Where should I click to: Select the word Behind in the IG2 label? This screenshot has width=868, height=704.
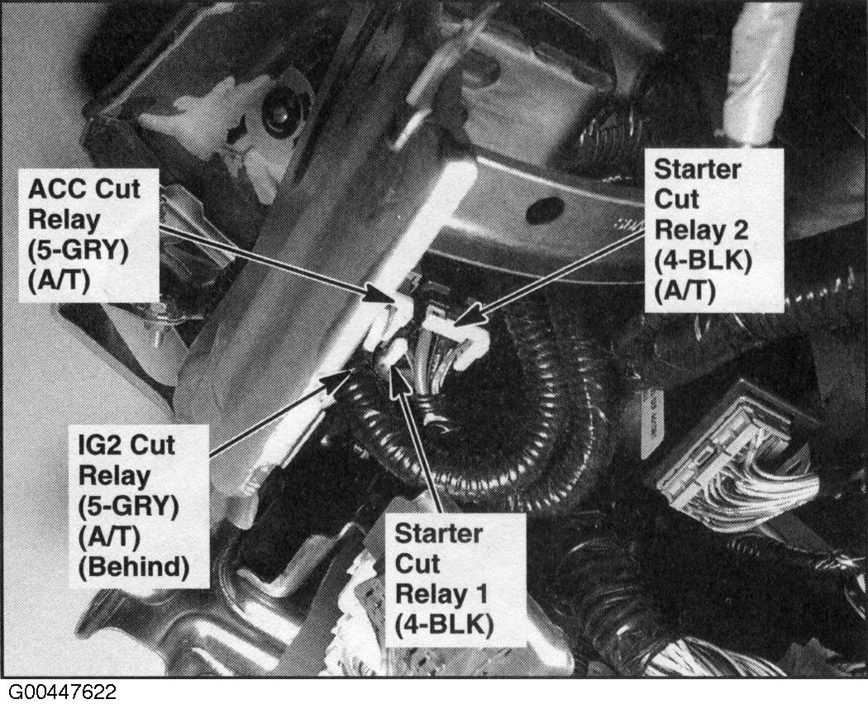pyautogui.click(x=133, y=567)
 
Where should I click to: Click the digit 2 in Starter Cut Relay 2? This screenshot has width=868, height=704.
pyautogui.click(x=739, y=229)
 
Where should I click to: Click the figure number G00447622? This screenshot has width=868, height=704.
pyautogui.click(x=62, y=692)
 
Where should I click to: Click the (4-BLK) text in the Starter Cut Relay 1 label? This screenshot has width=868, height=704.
pyautogui.click(x=444, y=626)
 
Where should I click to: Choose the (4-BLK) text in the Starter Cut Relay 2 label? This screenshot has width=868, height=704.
pyautogui.click(x=703, y=260)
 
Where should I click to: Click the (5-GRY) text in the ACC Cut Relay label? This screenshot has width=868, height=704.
pyautogui.click(x=78, y=250)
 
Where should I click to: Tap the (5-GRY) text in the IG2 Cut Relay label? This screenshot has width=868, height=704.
pyautogui.click(x=128, y=507)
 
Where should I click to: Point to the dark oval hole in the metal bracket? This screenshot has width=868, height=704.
pyautogui.click(x=546, y=210)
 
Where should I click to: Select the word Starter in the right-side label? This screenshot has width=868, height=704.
pyautogui.click(x=698, y=169)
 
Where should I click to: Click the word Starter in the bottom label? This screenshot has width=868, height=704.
pyautogui.click(x=438, y=534)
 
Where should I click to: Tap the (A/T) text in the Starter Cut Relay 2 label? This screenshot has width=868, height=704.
pyautogui.click(x=685, y=291)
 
